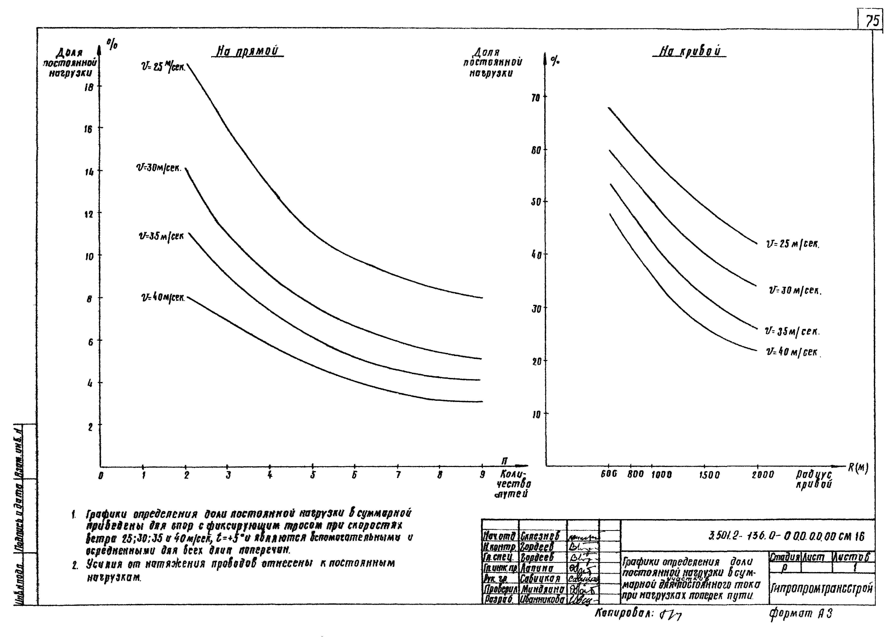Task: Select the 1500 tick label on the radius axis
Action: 709,475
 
